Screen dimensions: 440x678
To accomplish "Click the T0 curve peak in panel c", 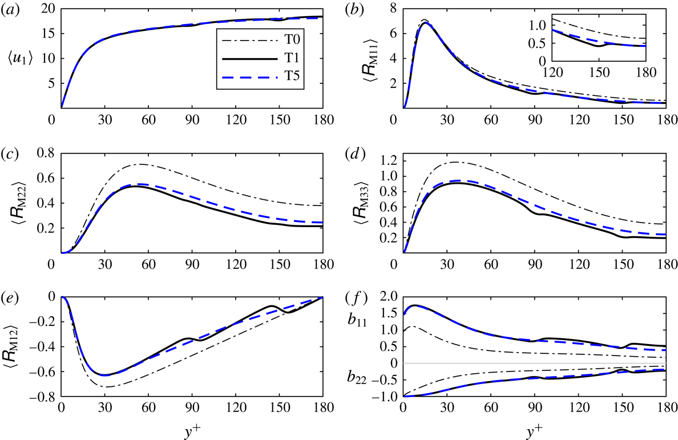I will [x=140, y=164].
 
